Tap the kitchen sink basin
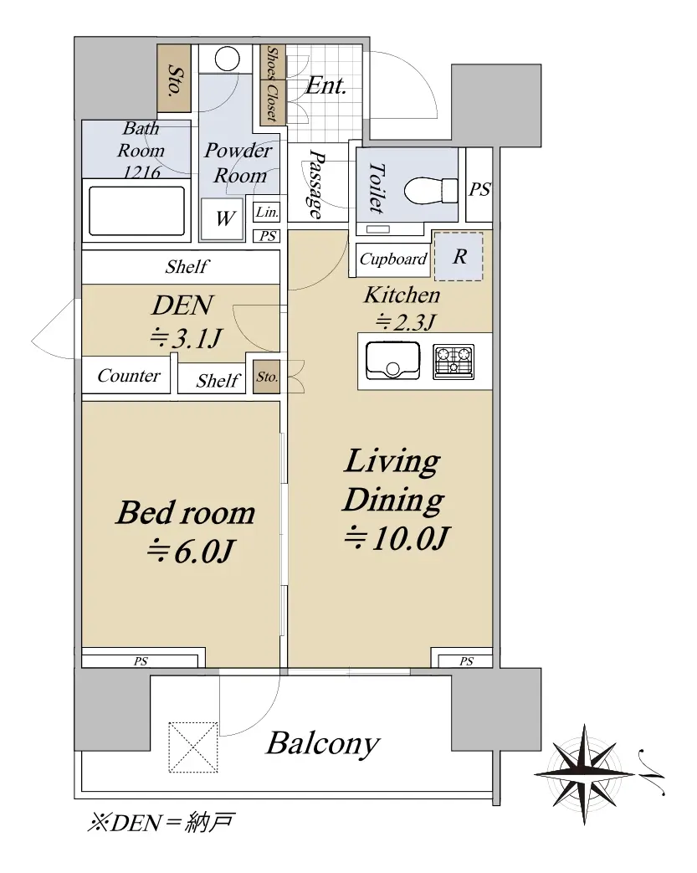point(392,360)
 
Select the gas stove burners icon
point(454,362)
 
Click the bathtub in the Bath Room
point(136,211)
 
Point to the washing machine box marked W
point(222,218)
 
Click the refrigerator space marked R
point(459,256)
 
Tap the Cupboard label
point(393,259)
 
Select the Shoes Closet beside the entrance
point(272,85)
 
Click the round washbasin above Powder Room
point(227,58)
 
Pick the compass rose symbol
point(585,774)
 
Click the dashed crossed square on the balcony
point(193,747)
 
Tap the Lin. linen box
point(267,212)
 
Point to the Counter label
point(129,376)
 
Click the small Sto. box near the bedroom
point(267,377)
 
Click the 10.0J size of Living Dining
point(397,537)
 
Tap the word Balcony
point(322,743)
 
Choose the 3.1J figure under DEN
point(186,337)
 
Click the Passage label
point(315,184)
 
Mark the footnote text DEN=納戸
point(161,822)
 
